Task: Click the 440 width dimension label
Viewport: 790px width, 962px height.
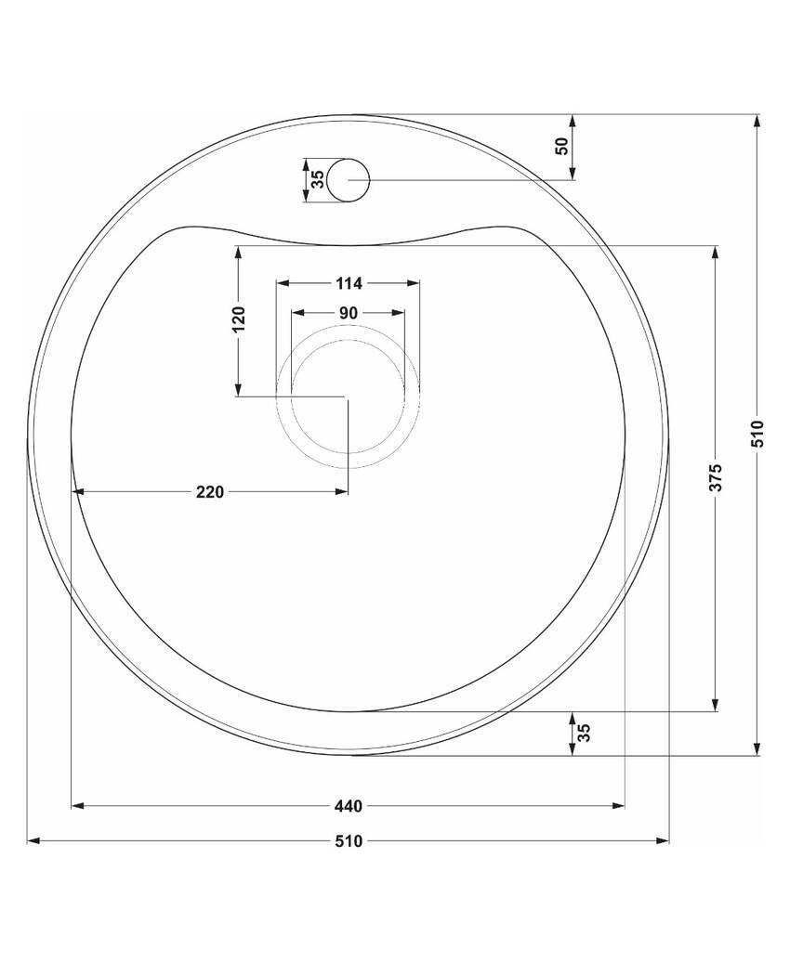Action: (x=349, y=806)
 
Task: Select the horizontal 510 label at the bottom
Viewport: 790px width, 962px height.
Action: (x=349, y=841)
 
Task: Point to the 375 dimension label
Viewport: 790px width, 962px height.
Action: (x=715, y=477)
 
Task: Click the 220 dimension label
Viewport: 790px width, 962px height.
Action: (x=210, y=491)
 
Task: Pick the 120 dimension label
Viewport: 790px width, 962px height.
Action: (x=238, y=319)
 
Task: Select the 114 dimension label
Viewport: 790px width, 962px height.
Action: (x=349, y=283)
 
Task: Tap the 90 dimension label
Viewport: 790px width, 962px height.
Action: (x=349, y=313)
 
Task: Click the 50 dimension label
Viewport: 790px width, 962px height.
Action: (x=562, y=146)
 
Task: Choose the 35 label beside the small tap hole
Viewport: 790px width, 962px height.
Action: (x=318, y=179)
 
